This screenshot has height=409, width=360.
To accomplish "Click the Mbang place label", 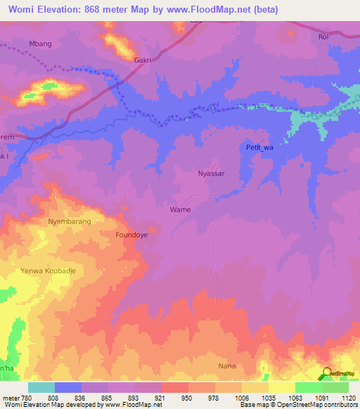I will (x=41, y=44).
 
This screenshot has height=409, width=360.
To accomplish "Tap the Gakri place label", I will (x=143, y=60).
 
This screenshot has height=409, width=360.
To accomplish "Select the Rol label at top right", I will (x=323, y=37).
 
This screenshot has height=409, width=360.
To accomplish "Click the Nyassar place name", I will (x=211, y=173).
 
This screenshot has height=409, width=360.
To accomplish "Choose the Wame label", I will (x=181, y=209).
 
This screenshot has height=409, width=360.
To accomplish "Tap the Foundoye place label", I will (x=131, y=236).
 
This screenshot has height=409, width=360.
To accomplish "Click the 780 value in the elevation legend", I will (x=27, y=397).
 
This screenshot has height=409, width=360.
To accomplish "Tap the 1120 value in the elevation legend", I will (x=348, y=397).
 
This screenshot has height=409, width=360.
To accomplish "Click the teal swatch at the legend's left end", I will (x=41, y=387).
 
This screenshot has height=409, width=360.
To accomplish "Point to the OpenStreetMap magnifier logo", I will (x=328, y=373).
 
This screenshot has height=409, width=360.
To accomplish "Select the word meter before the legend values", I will (x=10, y=397).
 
